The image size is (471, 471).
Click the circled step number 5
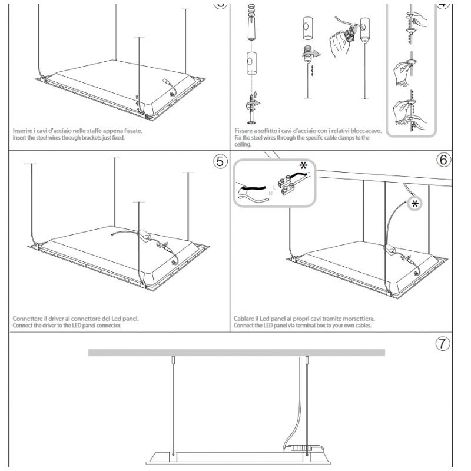coord(220,161)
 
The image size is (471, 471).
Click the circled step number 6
coord(443,160)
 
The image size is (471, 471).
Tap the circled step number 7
coord(443,343)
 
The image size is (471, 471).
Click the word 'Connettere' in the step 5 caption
coord(27,319)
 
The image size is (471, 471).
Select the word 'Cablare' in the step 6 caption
coord(244,319)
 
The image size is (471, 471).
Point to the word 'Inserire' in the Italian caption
coord(22,131)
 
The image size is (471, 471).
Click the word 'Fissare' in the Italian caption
coord(244,131)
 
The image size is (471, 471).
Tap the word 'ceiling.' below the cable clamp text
coord(243,144)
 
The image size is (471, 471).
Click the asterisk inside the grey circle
coord(415,204)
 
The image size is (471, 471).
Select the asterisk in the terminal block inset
coord(303,165)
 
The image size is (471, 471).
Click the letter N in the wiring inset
coord(270,193)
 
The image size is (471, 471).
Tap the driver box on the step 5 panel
coord(145,234)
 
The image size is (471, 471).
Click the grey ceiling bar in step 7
coord(237,352)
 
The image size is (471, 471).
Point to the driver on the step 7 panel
coord(304,448)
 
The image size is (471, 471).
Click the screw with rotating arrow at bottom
coord(253,108)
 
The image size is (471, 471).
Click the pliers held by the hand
coord(350,32)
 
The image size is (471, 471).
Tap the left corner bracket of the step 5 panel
coord(37,246)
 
